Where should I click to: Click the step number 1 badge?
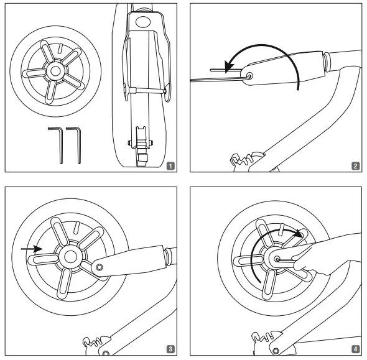(170, 166)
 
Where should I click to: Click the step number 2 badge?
(356, 166)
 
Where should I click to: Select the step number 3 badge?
(170, 349)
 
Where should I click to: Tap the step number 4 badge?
(356, 349)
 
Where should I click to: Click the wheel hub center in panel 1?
(55, 71)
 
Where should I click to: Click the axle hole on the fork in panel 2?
(249, 76)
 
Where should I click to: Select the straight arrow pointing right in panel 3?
(32, 249)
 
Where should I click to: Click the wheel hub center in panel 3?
(70, 257)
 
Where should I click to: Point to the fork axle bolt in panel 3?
(100, 267)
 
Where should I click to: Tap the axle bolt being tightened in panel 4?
(277, 259)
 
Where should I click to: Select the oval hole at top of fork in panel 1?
(143, 22)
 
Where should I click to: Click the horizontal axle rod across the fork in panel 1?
(146, 90)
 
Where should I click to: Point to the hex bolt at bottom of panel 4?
(276, 351)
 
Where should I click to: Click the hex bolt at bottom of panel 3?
(106, 353)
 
